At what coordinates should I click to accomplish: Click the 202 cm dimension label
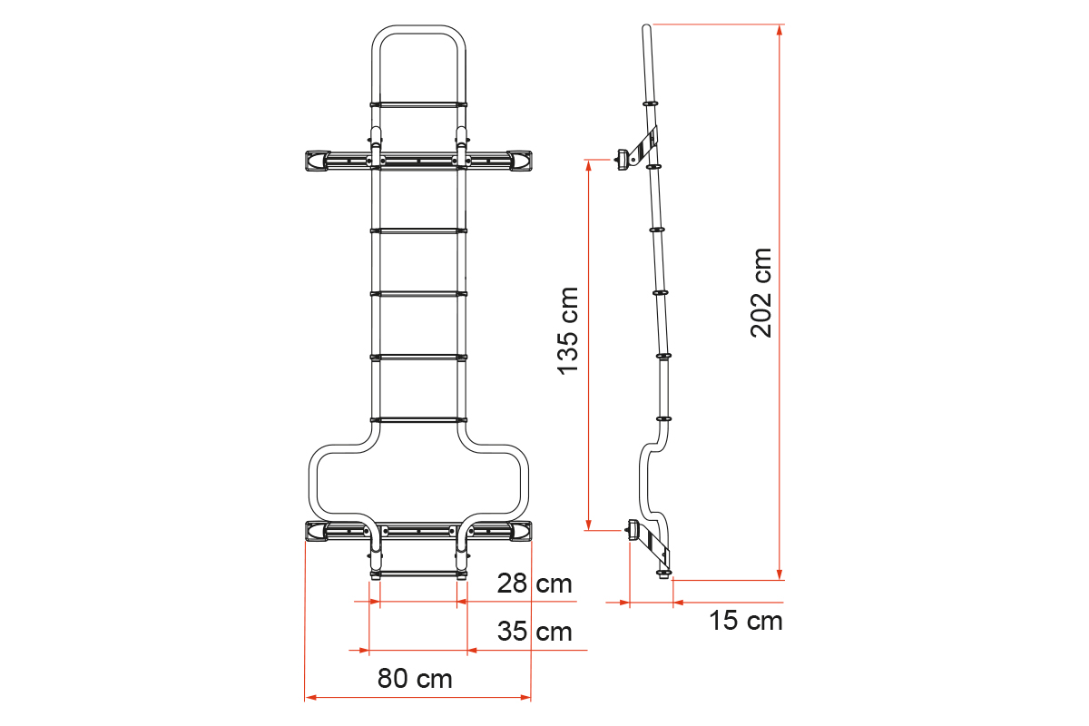[x=761, y=293]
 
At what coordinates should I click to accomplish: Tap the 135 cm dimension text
[x=568, y=331]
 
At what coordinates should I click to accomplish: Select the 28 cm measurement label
[x=535, y=583]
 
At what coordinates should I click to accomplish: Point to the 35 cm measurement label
[x=535, y=632]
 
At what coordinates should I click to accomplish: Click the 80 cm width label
[x=415, y=678]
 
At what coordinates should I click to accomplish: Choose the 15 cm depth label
[x=746, y=621]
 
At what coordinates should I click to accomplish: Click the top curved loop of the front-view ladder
[x=418, y=30]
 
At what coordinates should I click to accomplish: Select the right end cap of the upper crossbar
[x=520, y=161]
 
